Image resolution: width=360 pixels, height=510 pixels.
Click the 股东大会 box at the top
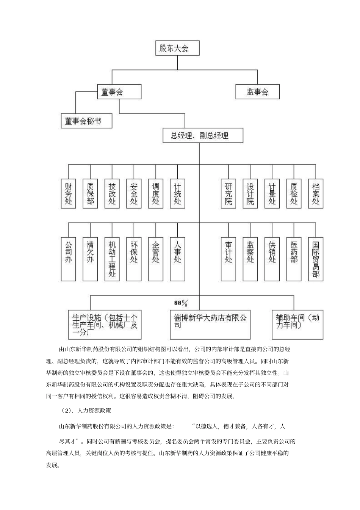pos(177,49)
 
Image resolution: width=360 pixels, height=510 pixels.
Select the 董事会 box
pos(119,92)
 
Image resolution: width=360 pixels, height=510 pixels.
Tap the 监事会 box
pos(257,92)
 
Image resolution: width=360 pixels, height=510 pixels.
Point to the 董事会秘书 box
pos(86,121)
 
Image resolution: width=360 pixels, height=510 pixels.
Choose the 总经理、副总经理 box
pos(202,135)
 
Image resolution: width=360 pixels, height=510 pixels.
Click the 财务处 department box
pos(68,193)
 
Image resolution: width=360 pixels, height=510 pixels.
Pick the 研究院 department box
pos(229,193)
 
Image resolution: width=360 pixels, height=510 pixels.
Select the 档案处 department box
pos(316,193)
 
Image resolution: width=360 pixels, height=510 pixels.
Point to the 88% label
pos(181,303)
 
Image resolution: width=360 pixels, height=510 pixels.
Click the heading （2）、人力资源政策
pos(86,411)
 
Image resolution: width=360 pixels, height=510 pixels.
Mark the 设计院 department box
pos(250,193)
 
